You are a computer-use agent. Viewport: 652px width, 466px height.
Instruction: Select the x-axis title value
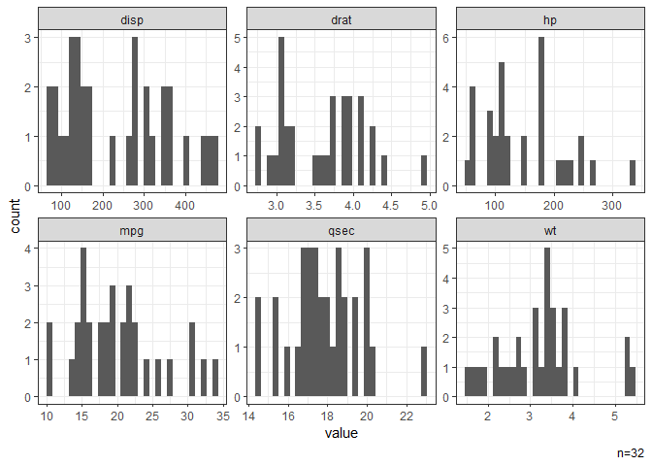(341, 434)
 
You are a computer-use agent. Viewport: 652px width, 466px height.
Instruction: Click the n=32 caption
(631, 453)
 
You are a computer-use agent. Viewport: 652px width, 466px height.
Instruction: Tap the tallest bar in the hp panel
(541, 112)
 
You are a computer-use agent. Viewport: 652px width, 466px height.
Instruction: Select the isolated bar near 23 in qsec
(424, 373)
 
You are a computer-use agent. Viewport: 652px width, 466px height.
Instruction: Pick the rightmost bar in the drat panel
(424, 170)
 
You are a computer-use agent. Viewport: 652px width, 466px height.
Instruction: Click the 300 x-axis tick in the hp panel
(611, 206)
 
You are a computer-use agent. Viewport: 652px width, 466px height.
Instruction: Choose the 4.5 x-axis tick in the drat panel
(390, 206)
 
